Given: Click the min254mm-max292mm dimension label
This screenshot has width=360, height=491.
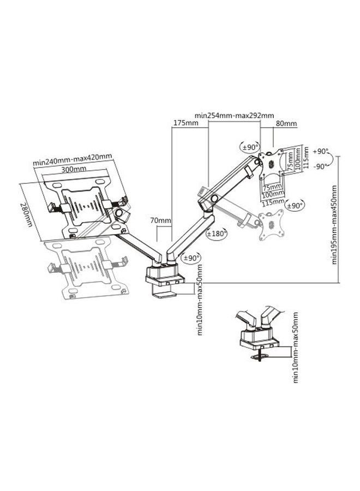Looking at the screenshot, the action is point(234,116).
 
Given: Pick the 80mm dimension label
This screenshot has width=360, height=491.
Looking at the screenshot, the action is point(285,124).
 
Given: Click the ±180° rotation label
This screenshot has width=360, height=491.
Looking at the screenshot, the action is point(217,233).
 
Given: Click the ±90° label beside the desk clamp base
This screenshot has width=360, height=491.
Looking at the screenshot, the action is point(191,257).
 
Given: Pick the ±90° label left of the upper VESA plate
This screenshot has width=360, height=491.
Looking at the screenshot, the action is point(250,147).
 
